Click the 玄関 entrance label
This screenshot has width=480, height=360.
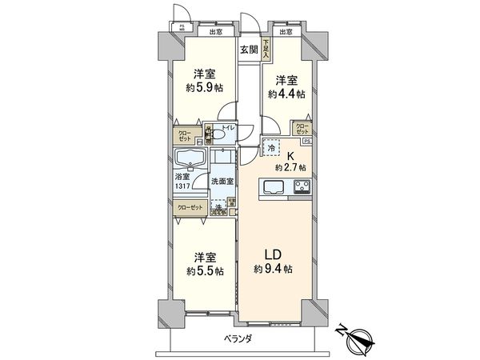pyautogui.click(x=248, y=50)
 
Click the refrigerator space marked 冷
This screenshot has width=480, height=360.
pyautogui.click(x=272, y=148)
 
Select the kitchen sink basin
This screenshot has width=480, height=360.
pyautogui.click(x=270, y=189)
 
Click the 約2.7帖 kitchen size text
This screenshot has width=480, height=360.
pyautogui.click(x=290, y=168)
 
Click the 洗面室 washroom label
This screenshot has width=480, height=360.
pyautogui.click(x=222, y=182)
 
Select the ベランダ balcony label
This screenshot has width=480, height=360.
pyautogui.click(x=238, y=338)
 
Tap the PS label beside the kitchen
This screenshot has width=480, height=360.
pyautogui.click(x=306, y=142)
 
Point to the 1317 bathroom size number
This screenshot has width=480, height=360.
pyautogui.click(x=184, y=186)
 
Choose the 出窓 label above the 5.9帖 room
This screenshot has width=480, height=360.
pyautogui.click(x=215, y=32)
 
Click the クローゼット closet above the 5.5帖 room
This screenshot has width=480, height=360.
pyautogui.click(x=190, y=206)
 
